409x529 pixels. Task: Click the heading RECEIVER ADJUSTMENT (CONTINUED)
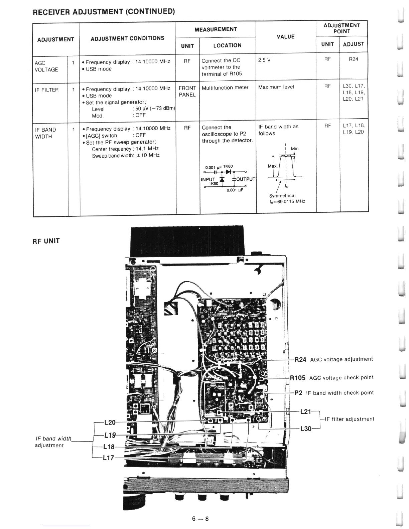coord(104,12)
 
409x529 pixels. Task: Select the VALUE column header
coord(285,37)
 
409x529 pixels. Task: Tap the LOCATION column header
coord(227,45)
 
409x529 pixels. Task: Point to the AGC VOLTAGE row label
coord(46,66)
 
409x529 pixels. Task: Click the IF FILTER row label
coord(46,90)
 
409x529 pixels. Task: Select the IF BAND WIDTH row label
coord(45,133)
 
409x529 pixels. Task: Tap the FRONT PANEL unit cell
coord(187,91)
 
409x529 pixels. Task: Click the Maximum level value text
coord(276,87)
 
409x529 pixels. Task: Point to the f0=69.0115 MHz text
coord(287,201)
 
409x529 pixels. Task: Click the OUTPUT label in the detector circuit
coord(246,180)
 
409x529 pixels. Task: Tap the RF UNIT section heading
coord(46,241)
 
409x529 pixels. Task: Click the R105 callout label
coord(297,378)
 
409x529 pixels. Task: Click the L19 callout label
coord(110,435)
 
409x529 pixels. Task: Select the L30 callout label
coord(306,428)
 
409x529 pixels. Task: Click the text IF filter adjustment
coord(349,419)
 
